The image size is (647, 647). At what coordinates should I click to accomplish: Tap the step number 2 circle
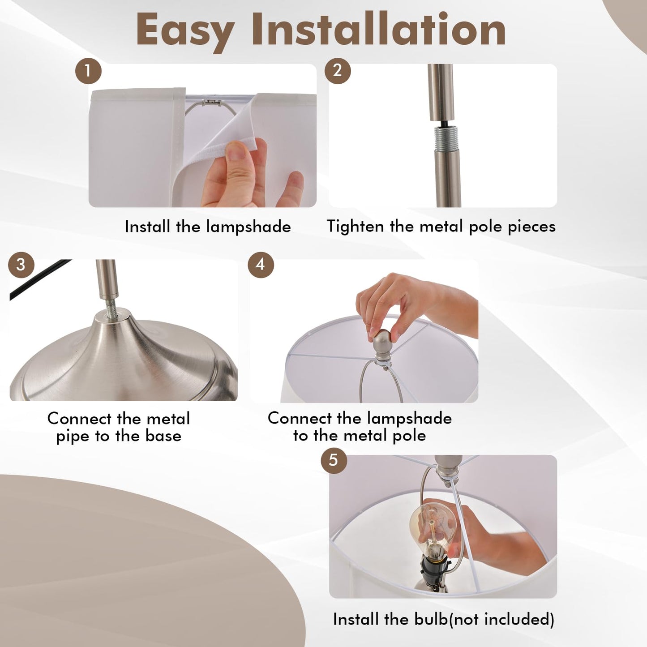[338, 71]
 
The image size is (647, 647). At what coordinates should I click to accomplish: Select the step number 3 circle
[21, 265]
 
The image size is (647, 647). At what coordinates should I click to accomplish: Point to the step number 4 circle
[261, 265]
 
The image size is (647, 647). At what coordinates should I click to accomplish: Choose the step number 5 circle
[334, 460]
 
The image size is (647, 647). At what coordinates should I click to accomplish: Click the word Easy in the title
[184, 31]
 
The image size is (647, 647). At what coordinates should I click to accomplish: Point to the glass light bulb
[428, 530]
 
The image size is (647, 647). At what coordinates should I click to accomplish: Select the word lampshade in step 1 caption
[249, 227]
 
